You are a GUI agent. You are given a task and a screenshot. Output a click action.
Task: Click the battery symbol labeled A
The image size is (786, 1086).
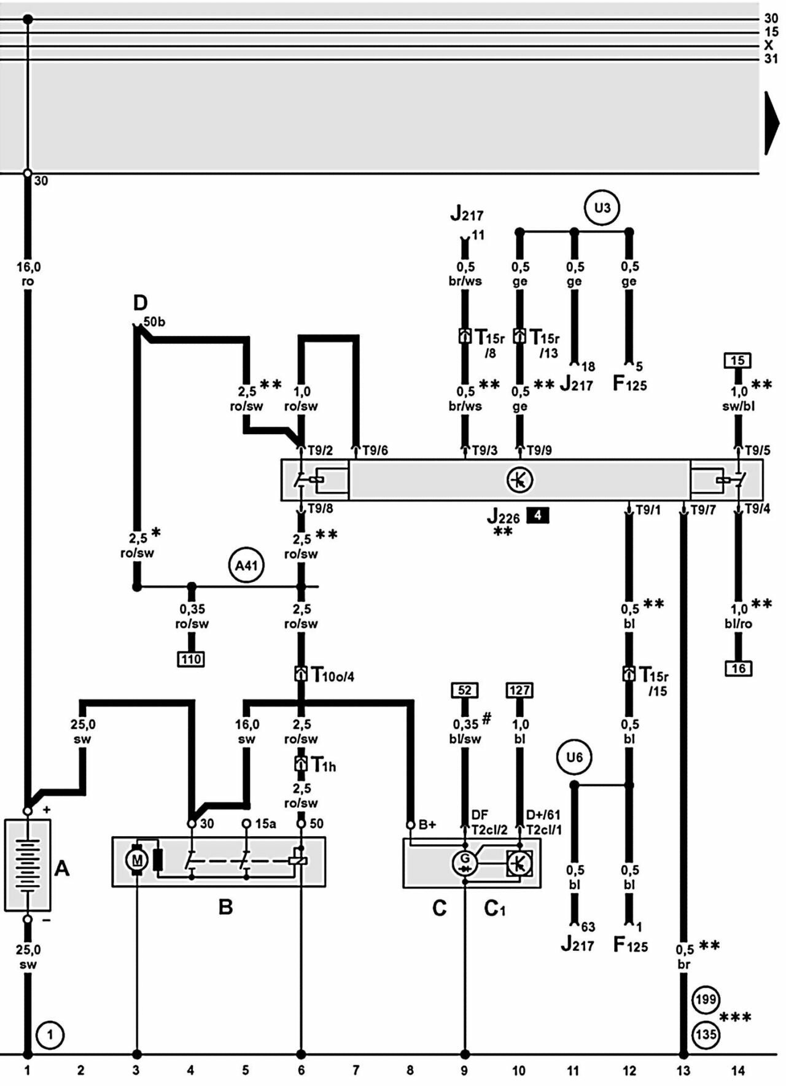point(28,864)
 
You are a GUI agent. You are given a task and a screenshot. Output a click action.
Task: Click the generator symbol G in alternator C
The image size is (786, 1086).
point(464,862)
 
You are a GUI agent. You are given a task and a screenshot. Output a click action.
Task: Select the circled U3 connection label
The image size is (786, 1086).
point(602,208)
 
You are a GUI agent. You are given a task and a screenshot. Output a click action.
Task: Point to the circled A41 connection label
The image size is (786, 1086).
point(246,564)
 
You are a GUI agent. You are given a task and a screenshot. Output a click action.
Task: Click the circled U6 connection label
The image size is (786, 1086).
point(574,757)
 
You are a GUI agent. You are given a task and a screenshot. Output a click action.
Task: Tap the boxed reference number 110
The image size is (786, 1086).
point(191,659)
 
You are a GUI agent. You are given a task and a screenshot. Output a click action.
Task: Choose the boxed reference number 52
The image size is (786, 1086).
point(464,690)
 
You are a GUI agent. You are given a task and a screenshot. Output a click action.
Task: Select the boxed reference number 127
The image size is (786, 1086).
point(519,690)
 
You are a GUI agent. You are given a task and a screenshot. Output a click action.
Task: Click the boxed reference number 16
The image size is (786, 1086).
point(738,668)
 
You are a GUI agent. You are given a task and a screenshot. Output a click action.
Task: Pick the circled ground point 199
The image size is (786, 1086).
point(706,999)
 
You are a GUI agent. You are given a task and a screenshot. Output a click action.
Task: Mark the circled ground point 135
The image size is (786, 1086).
point(706,1034)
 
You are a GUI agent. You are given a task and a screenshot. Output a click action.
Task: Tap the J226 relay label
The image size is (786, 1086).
point(504,517)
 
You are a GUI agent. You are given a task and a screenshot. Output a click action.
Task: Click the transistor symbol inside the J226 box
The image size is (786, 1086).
point(519,479)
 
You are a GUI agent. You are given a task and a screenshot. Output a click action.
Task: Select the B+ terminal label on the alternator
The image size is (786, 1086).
point(427,824)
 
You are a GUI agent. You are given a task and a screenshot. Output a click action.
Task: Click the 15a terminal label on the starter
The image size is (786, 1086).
point(265,824)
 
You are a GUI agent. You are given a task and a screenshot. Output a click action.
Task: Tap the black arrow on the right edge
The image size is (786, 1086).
point(771,123)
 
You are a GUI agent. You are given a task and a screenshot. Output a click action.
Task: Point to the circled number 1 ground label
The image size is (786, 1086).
point(50,1036)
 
